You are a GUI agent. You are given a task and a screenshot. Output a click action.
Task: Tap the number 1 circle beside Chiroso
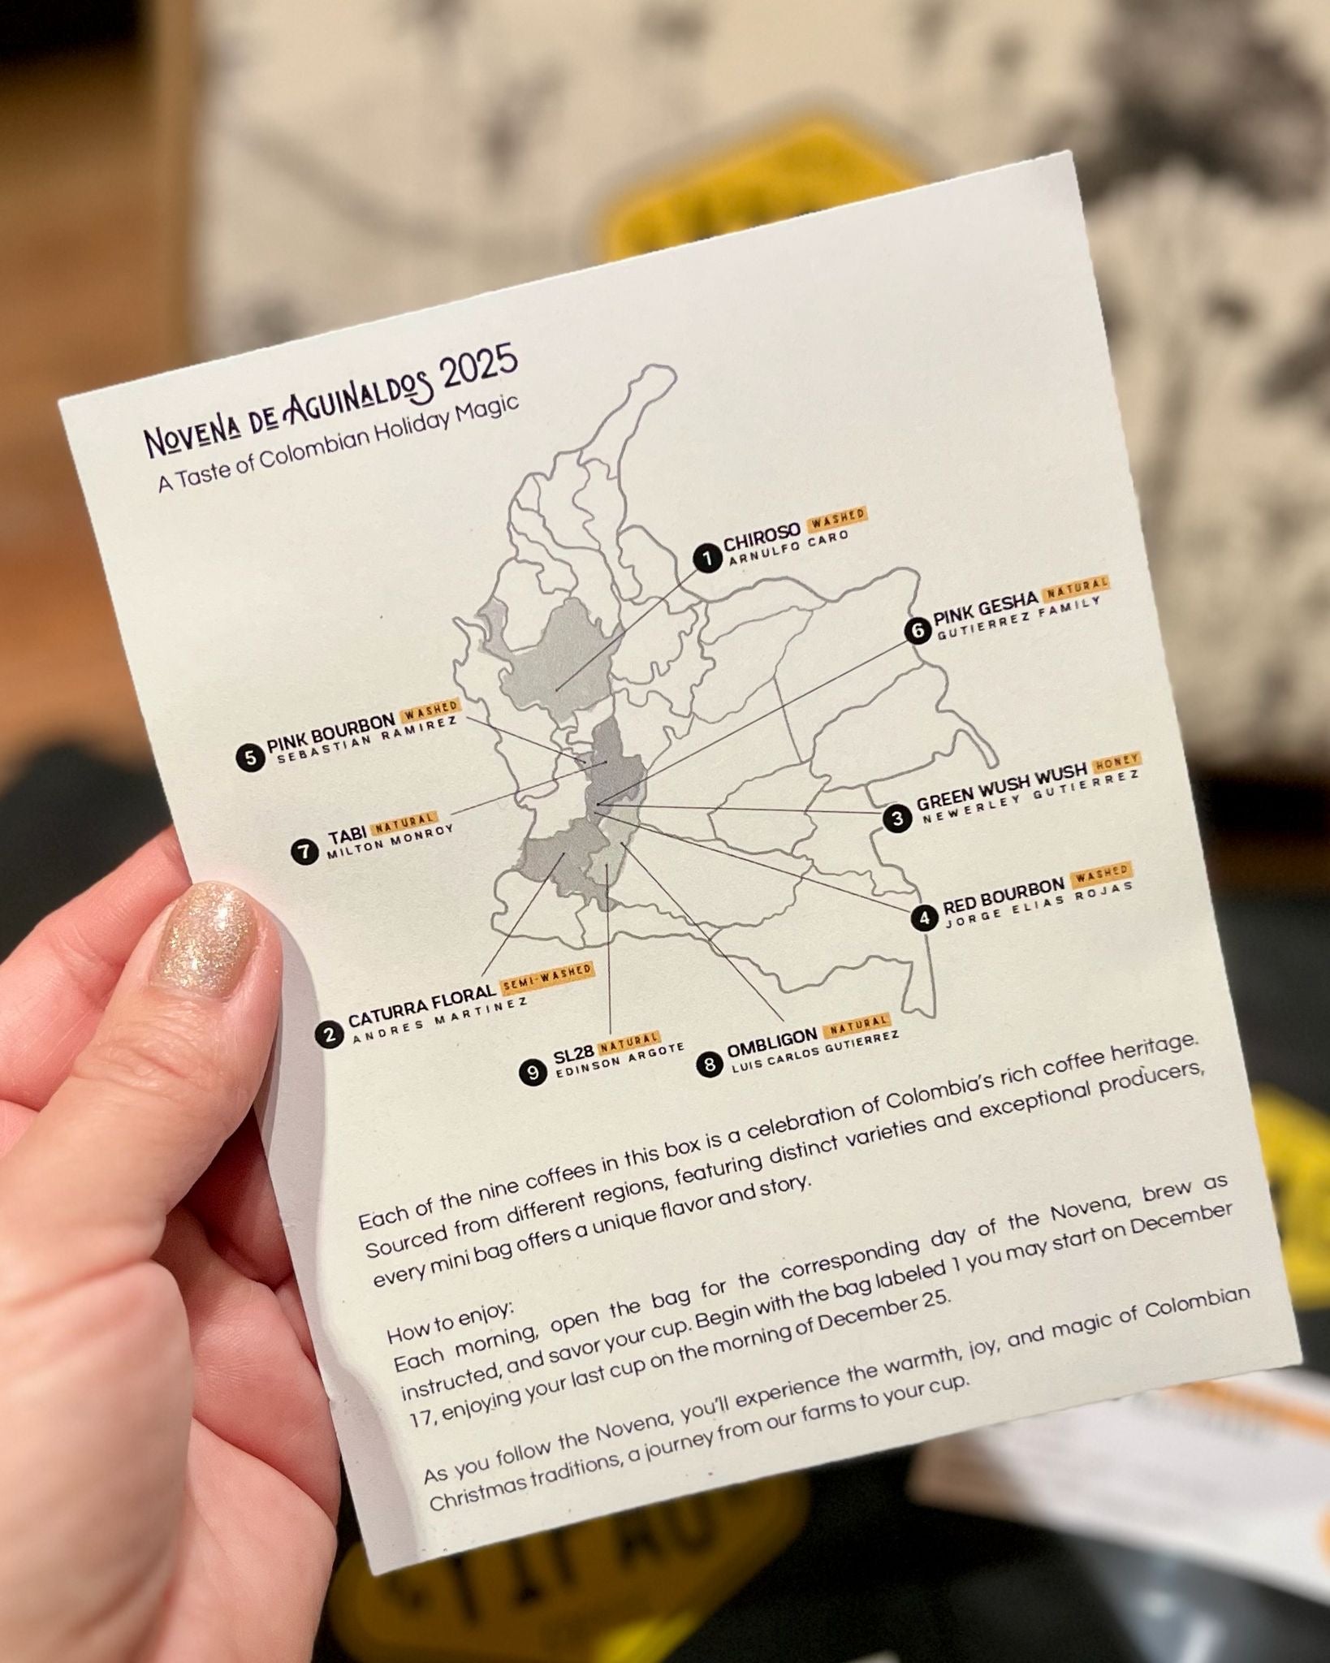coord(707,559)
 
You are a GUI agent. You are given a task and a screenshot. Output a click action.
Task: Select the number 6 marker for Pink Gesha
coord(917,631)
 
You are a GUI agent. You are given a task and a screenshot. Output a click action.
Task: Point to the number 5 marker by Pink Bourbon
coord(250,757)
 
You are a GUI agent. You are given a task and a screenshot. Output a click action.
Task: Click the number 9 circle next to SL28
coord(533,1073)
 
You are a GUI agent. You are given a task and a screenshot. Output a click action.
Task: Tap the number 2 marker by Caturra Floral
coord(329,1035)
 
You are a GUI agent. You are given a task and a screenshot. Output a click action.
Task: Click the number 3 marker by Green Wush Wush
coord(897,819)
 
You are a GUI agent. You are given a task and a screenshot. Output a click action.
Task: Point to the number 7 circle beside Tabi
coord(304,852)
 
